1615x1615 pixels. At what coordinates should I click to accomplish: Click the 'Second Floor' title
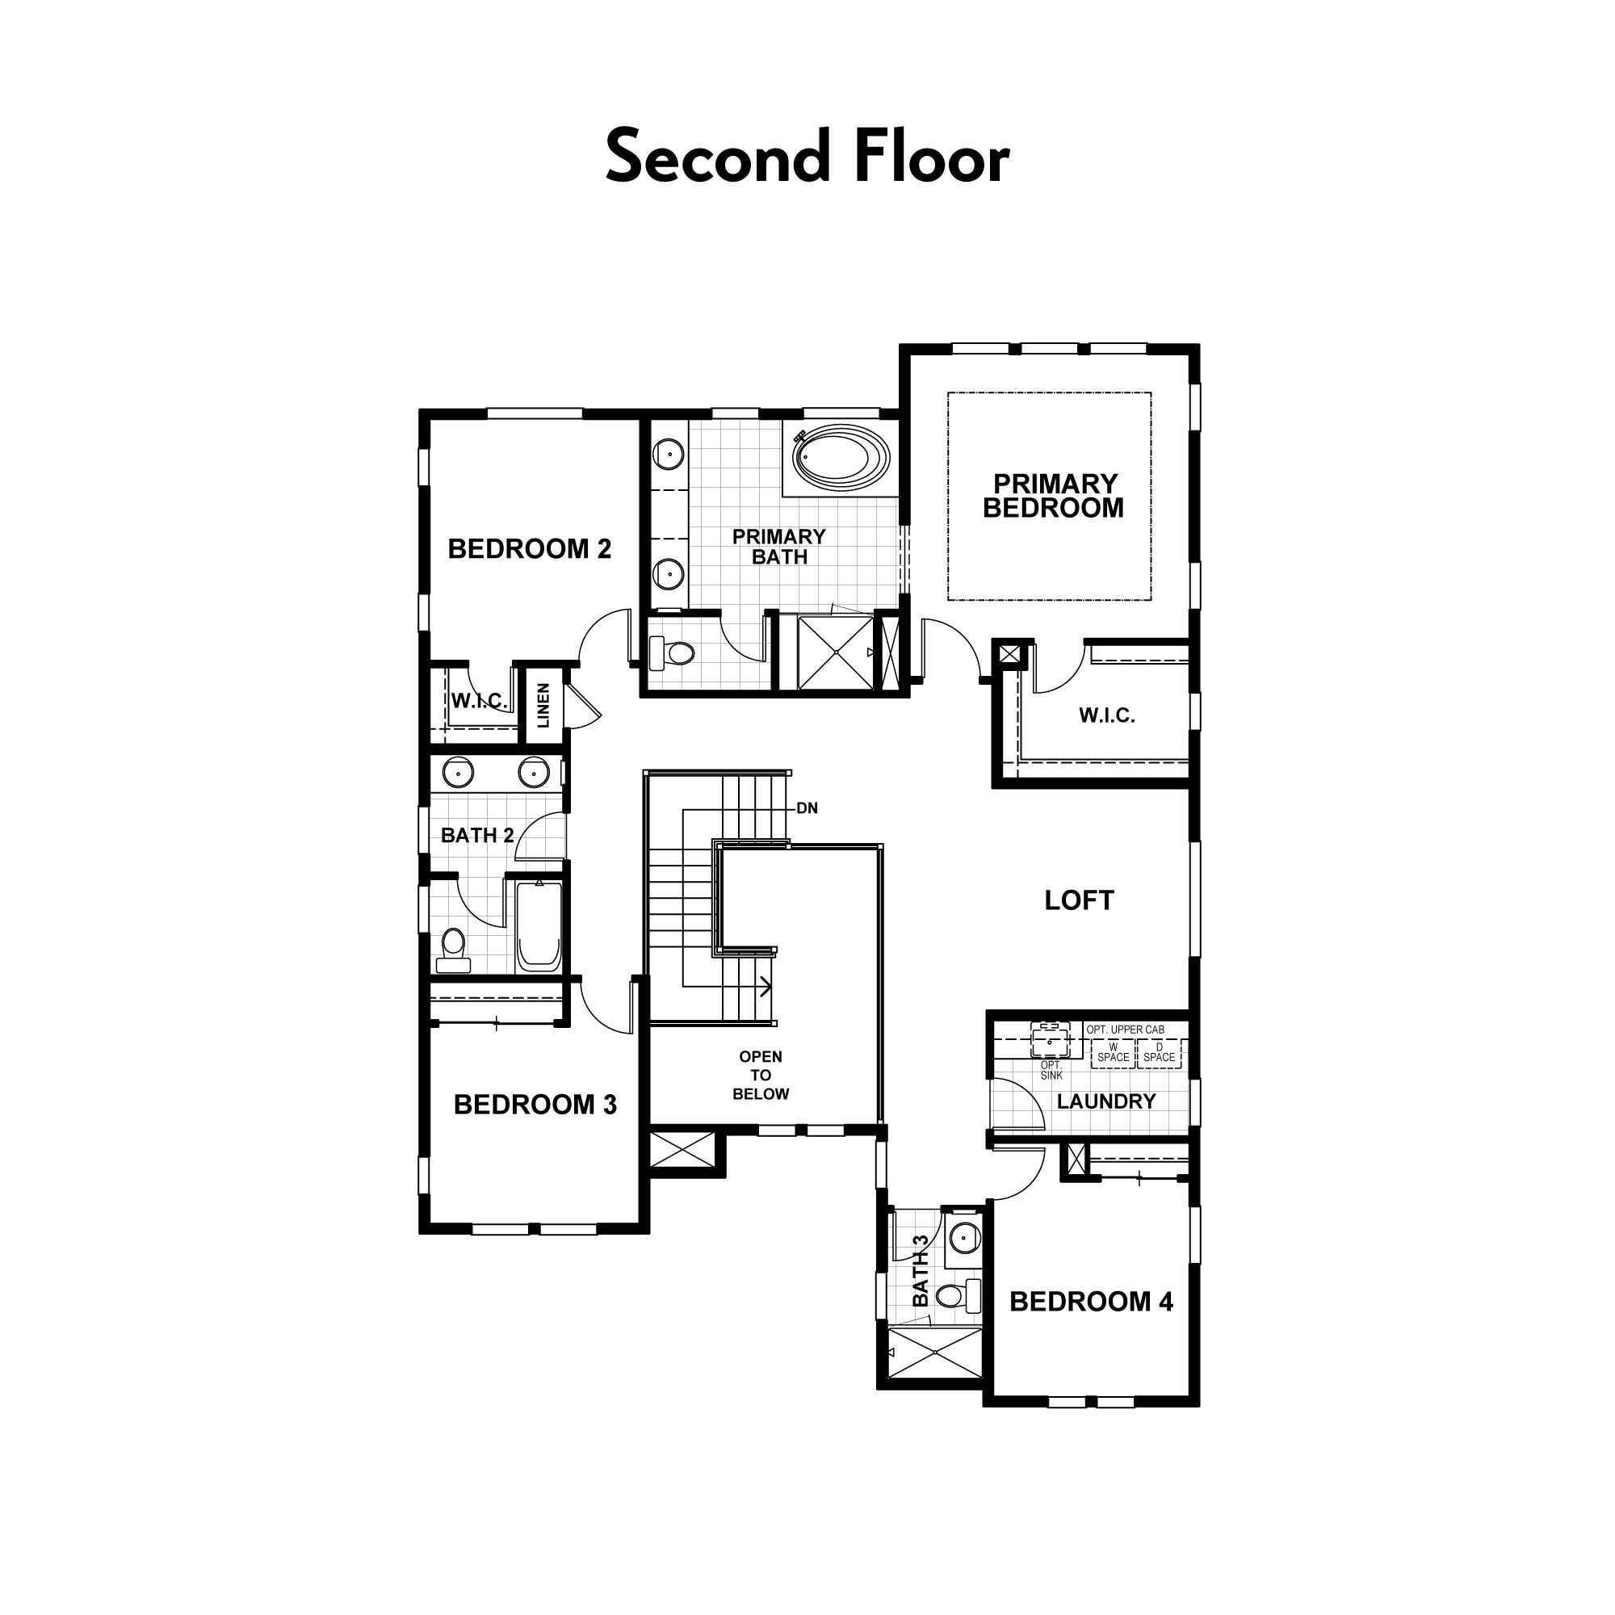coord(807,157)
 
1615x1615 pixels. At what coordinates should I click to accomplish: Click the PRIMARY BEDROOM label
coord(1052,496)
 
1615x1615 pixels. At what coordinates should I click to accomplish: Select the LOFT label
coord(1079,900)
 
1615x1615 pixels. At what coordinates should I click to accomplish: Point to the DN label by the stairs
coord(807,808)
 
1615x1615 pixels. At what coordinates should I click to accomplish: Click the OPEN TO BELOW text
coord(761,1075)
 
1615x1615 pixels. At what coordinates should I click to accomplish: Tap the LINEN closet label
coord(543,706)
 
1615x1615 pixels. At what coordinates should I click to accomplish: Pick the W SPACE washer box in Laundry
coord(1114,1052)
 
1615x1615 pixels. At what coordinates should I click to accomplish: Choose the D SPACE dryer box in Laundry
coord(1160,1052)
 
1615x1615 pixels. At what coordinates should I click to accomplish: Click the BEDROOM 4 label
coord(1092,1302)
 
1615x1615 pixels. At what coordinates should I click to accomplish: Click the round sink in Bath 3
coord(965,1235)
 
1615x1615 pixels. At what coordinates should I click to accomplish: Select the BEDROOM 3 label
coord(535,1105)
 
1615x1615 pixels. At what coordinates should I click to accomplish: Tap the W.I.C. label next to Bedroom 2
coord(480,700)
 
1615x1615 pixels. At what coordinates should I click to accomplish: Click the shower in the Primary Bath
coord(835,652)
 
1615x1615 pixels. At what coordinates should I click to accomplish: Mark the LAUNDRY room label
coord(1106,1101)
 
